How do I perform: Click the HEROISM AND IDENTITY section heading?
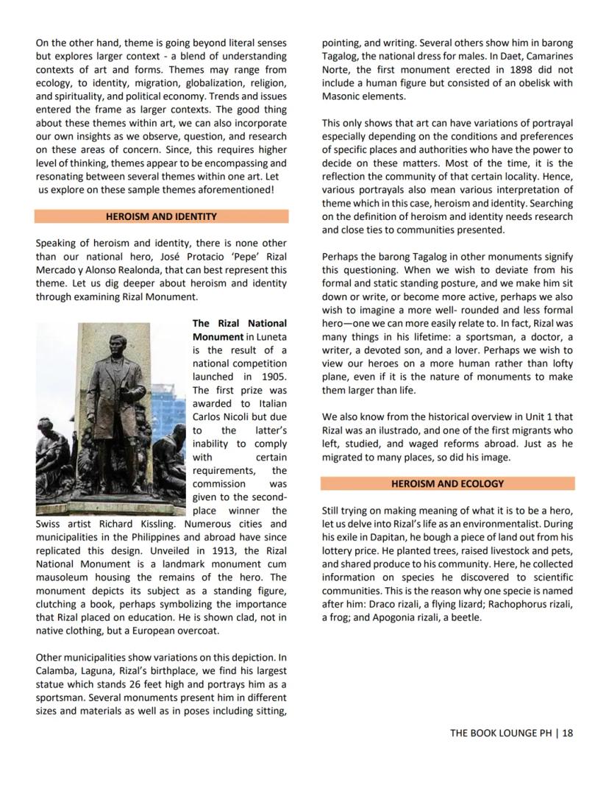[x=161, y=216]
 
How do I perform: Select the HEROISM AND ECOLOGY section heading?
[x=447, y=483]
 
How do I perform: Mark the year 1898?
[x=485, y=70]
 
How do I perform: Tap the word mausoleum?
[x=63, y=577]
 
